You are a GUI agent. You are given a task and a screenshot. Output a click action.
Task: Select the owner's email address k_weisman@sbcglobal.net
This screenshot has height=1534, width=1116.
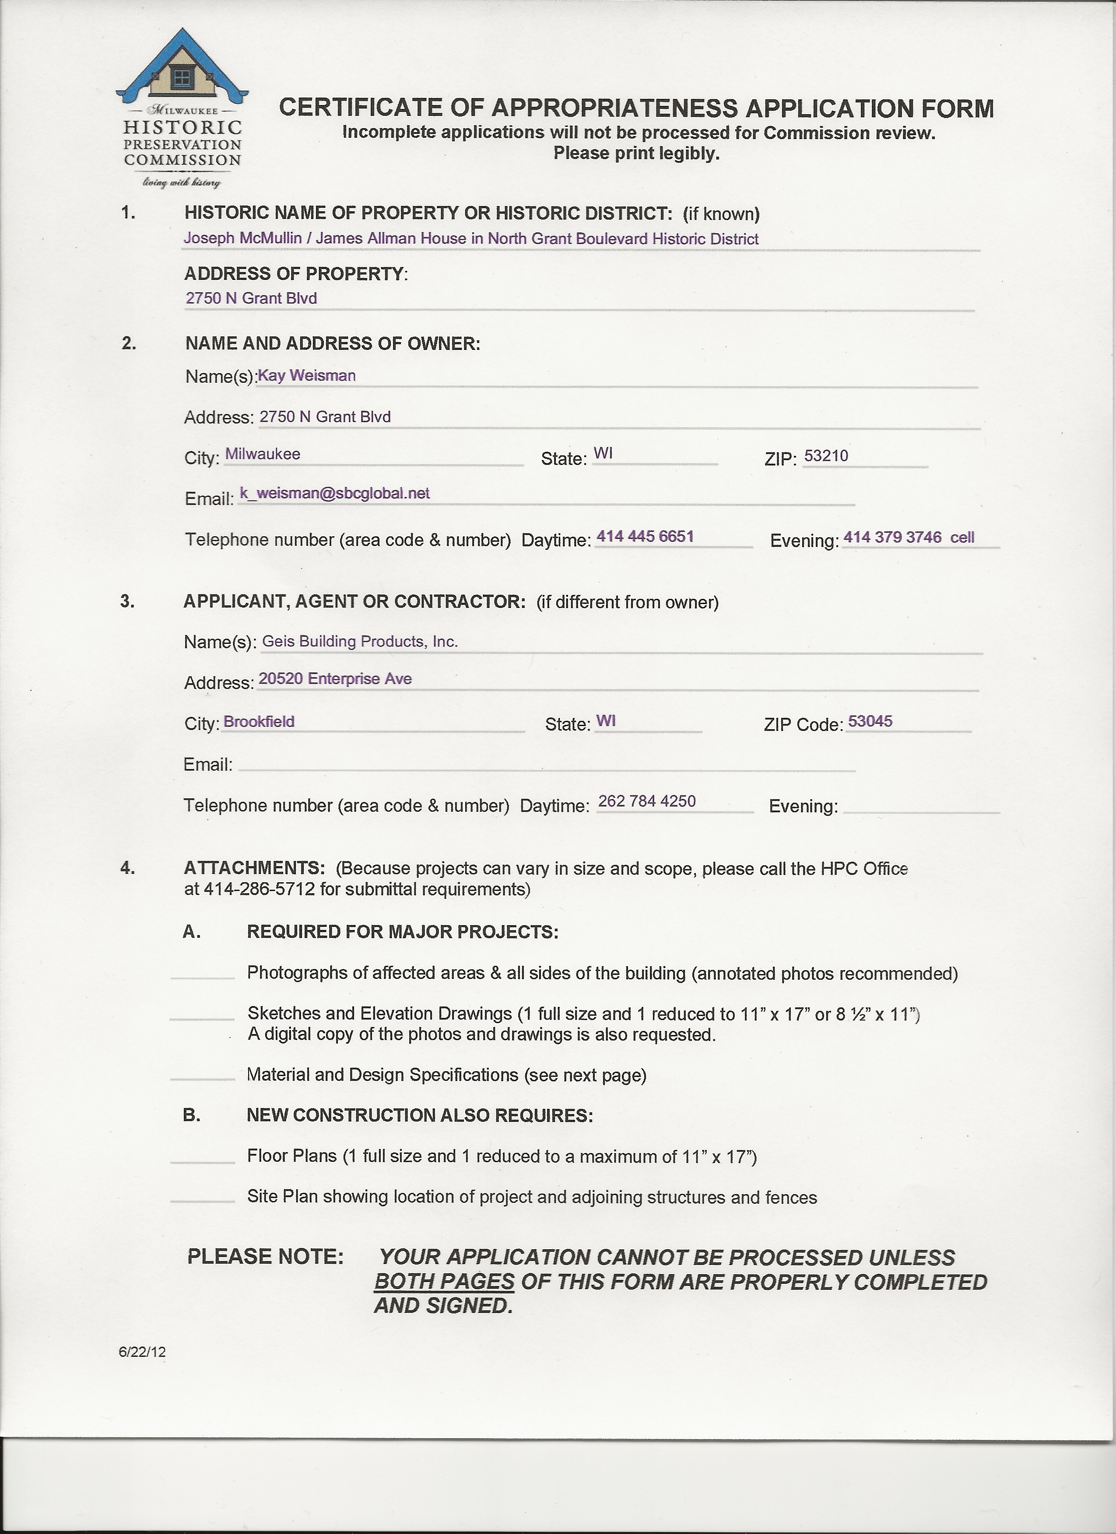click(x=334, y=493)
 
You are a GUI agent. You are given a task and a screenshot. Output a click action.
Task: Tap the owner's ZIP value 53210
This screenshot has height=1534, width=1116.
click(x=826, y=455)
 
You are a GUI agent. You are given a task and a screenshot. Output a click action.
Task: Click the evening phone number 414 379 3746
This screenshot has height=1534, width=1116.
click(x=892, y=537)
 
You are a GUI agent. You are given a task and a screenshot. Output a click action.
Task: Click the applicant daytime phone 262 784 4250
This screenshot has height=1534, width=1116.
click(x=647, y=801)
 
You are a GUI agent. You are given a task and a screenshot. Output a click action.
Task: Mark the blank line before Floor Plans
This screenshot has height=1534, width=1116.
click(x=202, y=1160)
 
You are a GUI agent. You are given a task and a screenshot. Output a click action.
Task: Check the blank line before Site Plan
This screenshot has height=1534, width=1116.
click(x=202, y=1201)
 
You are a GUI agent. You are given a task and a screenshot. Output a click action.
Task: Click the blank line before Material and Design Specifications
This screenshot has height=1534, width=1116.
click(x=202, y=1078)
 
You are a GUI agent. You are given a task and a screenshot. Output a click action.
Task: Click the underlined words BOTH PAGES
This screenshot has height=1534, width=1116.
click(x=444, y=1281)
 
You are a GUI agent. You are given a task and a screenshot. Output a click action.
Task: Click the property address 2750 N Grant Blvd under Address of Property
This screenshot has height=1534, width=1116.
click(x=251, y=298)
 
